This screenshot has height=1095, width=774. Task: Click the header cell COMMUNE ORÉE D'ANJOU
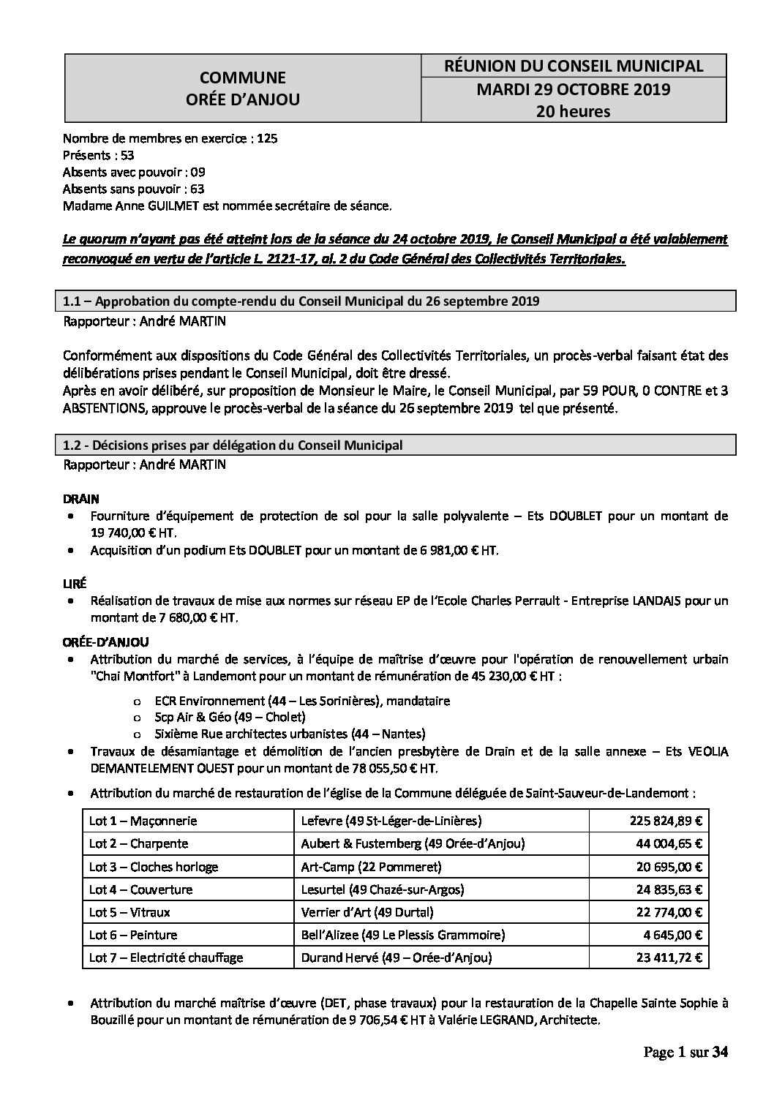(243, 89)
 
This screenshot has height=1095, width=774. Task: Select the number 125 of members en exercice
(267, 138)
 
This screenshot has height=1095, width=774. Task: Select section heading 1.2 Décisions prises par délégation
(233, 445)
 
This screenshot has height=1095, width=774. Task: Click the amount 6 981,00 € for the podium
(460, 549)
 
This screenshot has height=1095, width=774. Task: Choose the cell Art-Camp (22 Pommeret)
(372, 867)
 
